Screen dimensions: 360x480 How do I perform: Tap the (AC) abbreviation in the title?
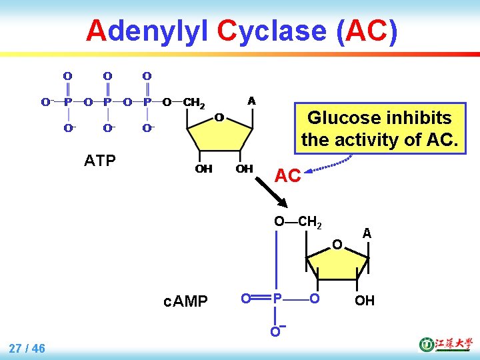tap(367, 31)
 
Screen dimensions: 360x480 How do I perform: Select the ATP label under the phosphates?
tap(100, 160)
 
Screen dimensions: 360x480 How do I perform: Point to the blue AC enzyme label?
tap(288, 176)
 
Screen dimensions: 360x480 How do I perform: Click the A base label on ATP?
tap(251, 101)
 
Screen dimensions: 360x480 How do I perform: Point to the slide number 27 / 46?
tap(27, 347)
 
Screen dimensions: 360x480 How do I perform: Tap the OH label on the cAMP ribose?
tap(364, 301)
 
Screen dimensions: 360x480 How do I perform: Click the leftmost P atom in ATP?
tap(67, 102)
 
